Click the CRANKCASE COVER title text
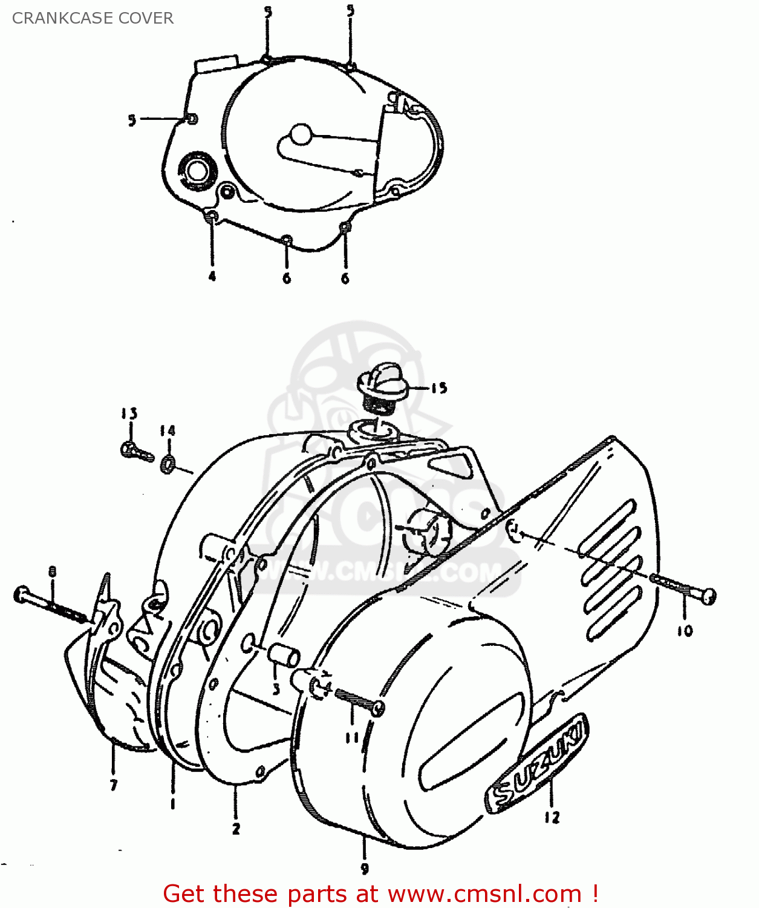93,18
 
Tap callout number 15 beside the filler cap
439,388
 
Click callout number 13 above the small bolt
129,413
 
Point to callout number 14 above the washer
168,430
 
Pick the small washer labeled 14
168,464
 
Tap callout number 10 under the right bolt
685,631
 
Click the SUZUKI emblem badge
537,764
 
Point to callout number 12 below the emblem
552,817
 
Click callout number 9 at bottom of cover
365,869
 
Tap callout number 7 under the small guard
114,785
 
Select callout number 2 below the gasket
236,828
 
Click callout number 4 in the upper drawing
212,277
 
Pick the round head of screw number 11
378,708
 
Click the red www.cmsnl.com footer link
484,893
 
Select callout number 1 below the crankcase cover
173,803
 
